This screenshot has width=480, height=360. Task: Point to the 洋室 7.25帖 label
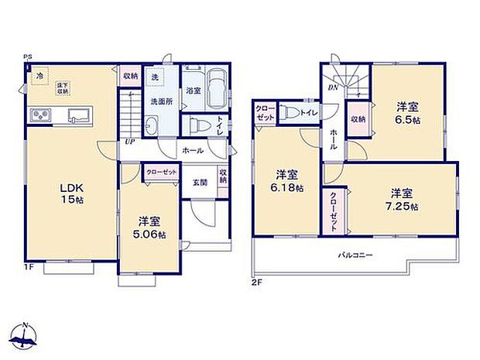[x=403, y=199]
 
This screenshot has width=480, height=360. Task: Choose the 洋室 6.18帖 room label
[x=288, y=181]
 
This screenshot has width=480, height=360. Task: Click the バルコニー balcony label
[x=358, y=254]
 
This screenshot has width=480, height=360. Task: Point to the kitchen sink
[x=79, y=117]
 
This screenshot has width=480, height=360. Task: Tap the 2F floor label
[x=256, y=283]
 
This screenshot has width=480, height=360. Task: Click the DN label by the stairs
[x=332, y=87]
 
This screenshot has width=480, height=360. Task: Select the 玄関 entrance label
[x=199, y=183]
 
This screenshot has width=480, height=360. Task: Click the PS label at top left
[x=26, y=57]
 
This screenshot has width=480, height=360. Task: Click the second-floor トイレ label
[x=308, y=113]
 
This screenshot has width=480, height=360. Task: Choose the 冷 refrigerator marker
[x=39, y=76]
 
